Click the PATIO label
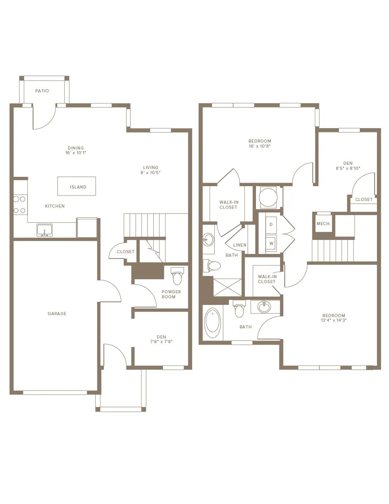42,91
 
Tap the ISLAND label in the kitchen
78,187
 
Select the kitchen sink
44,230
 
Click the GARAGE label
57,314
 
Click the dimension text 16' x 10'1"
76,153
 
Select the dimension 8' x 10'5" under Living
151,173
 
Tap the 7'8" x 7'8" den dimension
161,342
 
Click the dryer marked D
271,224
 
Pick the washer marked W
271,243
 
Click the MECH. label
324,224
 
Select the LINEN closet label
240,245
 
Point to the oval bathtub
213,323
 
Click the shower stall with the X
228,287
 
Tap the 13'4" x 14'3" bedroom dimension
334,320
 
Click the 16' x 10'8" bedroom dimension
260,146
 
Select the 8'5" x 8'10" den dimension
348,168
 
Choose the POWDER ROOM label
171,294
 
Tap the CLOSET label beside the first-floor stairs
126,252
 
